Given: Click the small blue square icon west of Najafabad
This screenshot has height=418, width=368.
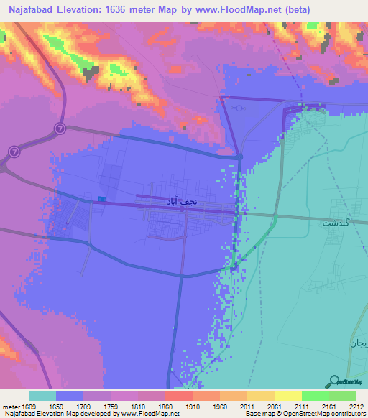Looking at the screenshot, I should [x=102, y=199].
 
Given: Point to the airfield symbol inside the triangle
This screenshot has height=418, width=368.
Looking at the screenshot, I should [x=239, y=108].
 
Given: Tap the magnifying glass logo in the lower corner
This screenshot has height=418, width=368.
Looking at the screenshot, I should [x=333, y=381].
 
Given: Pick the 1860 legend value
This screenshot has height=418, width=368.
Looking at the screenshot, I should [x=165, y=407].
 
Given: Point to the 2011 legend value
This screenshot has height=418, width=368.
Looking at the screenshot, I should [x=248, y=407].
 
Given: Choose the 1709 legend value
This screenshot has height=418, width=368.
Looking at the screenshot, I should [x=83, y=407].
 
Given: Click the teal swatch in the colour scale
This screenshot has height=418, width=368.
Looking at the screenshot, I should [x=42, y=396].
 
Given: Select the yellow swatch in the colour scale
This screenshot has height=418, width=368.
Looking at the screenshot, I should [x=287, y=396].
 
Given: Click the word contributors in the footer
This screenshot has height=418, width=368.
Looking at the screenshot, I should [x=348, y=414].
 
